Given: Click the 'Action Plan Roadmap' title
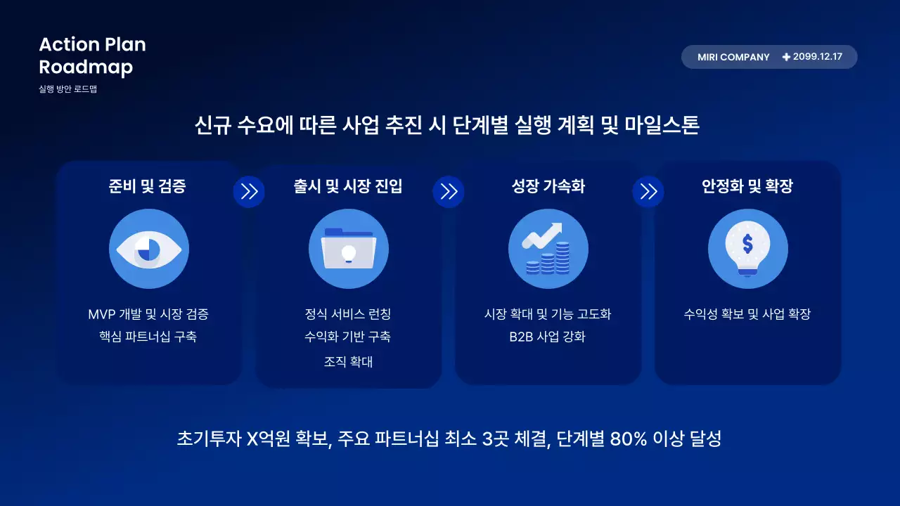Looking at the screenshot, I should (x=92, y=56).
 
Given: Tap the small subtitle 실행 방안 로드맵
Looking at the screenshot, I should (x=68, y=89).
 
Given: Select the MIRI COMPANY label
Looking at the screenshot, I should (x=733, y=57).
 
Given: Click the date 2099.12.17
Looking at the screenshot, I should (x=817, y=57).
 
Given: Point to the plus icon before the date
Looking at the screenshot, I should (x=786, y=57).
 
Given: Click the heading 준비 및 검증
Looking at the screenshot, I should (x=148, y=186).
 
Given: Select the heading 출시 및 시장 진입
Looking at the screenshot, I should (x=348, y=186).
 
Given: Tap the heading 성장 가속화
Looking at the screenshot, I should (x=548, y=186).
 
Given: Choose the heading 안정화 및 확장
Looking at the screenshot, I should (x=747, y=186).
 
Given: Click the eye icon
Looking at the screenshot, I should (x=149, y=249).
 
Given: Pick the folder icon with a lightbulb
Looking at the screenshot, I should (x=349, y=249).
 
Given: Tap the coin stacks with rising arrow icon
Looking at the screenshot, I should (x=548, y=249).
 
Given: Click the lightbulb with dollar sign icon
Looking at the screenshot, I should (x=747, y=249).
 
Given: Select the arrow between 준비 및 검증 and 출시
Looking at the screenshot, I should (x=249, y=192).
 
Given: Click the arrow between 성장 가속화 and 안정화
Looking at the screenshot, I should (x=648, y=192).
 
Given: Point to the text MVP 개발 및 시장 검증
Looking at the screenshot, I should (x=148, y=314).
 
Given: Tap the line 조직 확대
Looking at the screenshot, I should (x=348, y=362).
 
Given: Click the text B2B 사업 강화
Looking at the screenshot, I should (x=548, y=337).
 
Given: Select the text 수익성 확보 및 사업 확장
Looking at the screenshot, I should (x=747, y=314).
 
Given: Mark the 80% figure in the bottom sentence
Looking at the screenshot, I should (x=629, y=439).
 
